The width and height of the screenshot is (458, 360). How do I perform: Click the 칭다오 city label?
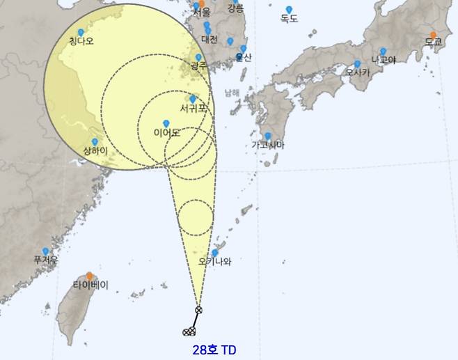[x=81, y=42]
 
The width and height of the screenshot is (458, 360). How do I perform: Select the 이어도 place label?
[x=166, y=132]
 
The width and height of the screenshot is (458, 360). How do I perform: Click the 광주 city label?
[x=198, y=66]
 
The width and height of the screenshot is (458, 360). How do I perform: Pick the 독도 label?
[x=289, y=19]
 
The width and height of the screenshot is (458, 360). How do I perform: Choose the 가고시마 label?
[x=268, y=145]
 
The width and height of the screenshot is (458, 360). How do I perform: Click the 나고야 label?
[x=383, y=60]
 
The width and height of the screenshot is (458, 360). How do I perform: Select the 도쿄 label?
[x=433, y=42]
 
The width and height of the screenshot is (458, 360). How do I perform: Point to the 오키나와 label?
[x=214, y=263]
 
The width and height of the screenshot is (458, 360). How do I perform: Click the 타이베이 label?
[x=90, y=285]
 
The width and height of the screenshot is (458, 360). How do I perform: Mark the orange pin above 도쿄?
[x=433, y=34]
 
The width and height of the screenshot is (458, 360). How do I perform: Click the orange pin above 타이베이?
[x=90, y=276]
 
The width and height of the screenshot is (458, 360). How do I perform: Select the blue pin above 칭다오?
[x=81, y=33]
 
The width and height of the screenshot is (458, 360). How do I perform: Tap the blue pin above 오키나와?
[x=215, y=253]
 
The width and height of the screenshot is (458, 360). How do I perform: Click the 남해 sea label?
[x=232, y=92]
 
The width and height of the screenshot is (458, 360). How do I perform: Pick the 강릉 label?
[x=236, y=8]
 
